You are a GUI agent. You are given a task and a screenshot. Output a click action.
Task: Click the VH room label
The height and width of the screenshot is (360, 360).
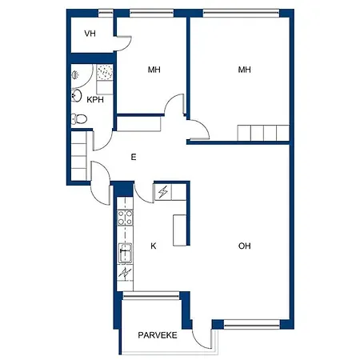coord(90,34)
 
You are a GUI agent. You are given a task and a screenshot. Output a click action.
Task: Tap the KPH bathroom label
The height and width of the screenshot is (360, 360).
coord(95,100)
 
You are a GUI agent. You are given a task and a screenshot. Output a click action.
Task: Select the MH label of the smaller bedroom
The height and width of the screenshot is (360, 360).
coord(154,70)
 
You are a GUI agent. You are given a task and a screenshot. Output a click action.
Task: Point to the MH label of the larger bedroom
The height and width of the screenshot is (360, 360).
coord(244,70)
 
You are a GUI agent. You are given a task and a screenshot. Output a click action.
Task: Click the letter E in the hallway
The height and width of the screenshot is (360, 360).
coord(134,157)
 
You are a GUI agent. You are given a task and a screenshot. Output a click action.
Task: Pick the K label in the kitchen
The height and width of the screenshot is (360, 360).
coord(154,246)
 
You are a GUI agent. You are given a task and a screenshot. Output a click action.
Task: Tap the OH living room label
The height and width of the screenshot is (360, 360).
coord(244,246)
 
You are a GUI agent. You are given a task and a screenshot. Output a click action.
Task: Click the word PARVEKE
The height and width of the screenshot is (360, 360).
coord(158,335)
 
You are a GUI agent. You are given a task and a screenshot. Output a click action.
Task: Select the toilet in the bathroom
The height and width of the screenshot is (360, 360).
coord(79,118)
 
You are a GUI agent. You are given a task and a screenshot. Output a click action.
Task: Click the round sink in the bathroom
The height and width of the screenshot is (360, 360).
coord(77,95)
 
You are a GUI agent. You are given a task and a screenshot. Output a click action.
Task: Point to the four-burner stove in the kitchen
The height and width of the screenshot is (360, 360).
coord(125,218)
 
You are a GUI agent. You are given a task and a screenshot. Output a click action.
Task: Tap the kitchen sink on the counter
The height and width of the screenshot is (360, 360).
coord(125,254)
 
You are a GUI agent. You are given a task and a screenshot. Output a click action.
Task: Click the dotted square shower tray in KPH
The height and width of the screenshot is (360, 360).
coord(105,72)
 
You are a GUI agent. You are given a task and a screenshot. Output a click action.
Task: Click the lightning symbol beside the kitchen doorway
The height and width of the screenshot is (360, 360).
coord(162,192)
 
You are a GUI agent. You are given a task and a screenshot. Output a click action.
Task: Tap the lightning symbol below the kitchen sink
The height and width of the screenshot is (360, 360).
coord(125,273)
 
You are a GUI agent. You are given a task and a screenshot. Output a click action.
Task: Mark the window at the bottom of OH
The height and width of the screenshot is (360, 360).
coord(251,325)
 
